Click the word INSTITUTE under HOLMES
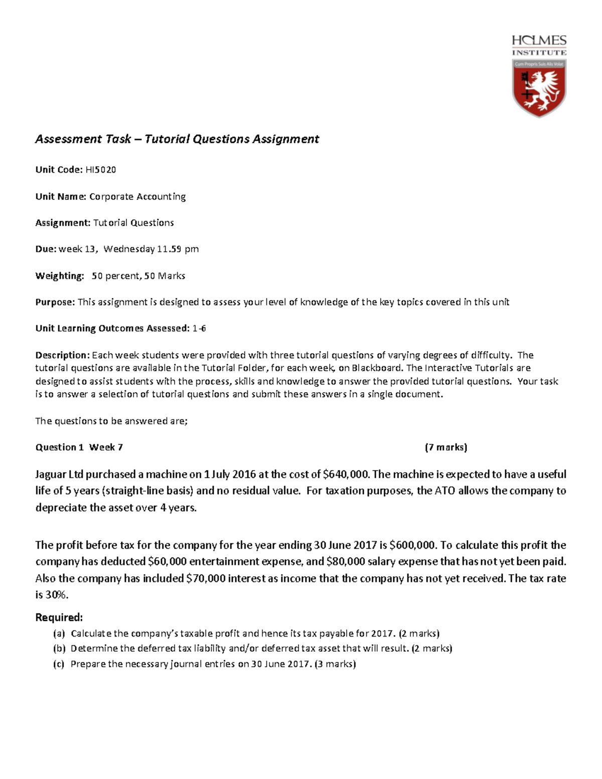click(539, 52)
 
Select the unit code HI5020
click(100, 170)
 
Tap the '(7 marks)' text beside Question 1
click(445, 447)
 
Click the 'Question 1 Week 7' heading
click(79, 447)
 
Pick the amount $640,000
click(346, 474)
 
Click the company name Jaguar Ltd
click(59, 474)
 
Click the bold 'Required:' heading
click(59, 617)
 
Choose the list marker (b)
click(59, 648)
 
